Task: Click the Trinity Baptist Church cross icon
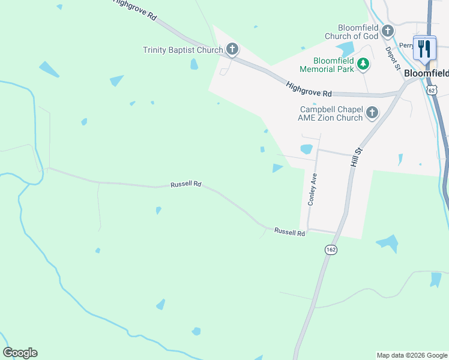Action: (232, 49)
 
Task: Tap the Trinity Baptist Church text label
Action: (182, 50)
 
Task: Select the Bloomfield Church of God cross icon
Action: (388, 31)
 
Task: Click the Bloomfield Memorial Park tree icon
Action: (363, 64)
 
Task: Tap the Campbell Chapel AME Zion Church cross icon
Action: (372, 112)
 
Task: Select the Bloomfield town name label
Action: (426, 73)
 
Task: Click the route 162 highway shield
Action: (330, 249)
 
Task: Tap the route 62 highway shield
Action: (432, 90)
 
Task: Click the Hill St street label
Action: (357, 157)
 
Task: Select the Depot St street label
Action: (393, 58)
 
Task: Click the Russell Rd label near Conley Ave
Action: (290, 232)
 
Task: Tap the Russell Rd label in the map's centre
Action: (185, 184)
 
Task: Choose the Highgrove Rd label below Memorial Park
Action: (309, 89)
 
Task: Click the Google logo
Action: (20, 353)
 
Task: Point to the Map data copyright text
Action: (412, 355)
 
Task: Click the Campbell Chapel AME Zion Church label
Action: (331, 113)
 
